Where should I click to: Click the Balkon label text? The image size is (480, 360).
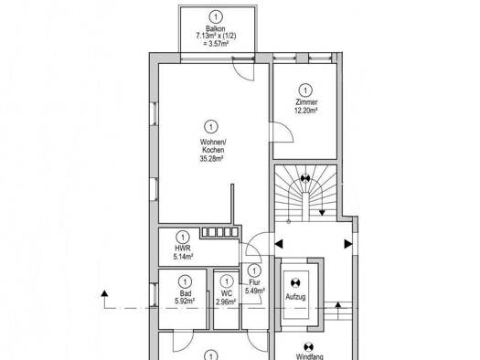pos(216,28)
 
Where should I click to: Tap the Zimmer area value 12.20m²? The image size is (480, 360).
pos(305,111)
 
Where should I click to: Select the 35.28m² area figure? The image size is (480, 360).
pos(211,158)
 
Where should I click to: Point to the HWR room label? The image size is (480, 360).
pos(183,249)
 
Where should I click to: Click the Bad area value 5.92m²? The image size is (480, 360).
pos(185,302)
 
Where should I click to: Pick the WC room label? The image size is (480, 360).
pos(226,293)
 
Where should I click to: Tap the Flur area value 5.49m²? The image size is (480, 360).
pos(255,291)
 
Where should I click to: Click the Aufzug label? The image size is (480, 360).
pos(295,297)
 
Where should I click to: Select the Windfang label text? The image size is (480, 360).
pos(310,356)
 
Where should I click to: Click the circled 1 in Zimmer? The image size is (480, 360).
pos(305,90)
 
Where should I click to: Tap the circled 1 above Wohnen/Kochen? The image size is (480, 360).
pos(211,126)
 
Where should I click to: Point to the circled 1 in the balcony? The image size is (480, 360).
pos(216,16)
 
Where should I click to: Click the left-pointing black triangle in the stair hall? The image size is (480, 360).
pos(279,244)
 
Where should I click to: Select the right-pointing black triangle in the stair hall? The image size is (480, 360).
pos(348,244)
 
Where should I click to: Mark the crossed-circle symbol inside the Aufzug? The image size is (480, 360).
pos(295,283)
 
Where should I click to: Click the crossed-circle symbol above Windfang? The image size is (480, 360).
pos(309,347)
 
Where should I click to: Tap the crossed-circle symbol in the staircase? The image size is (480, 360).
pos(305,178)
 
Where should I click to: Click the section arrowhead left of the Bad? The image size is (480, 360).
pos(105,293)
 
